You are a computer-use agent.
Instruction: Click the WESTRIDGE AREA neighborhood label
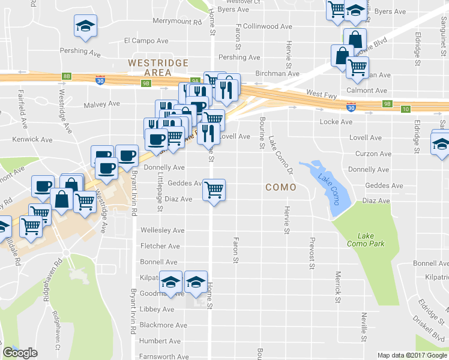[x=158, y=68]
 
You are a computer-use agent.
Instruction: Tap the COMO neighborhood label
[x=281, y=187]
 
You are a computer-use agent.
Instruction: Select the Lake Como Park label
[x=365, y=239]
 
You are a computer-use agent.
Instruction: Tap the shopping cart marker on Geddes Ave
[x=214, y=190]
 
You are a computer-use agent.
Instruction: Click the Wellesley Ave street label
[x=162, y=230]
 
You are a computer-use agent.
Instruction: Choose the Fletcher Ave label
[x=160, y=246]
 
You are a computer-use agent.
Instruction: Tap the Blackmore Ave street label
[x=163, y=325]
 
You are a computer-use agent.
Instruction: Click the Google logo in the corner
[x=20, y=353]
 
